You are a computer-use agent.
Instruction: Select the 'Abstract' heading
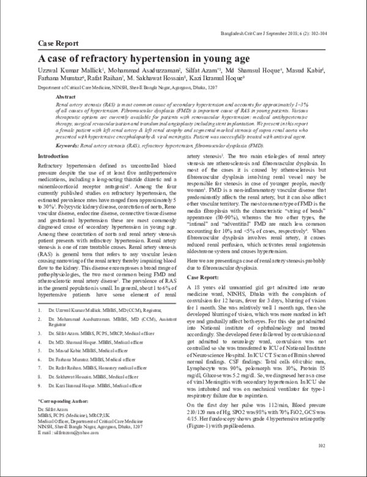point(66,97)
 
